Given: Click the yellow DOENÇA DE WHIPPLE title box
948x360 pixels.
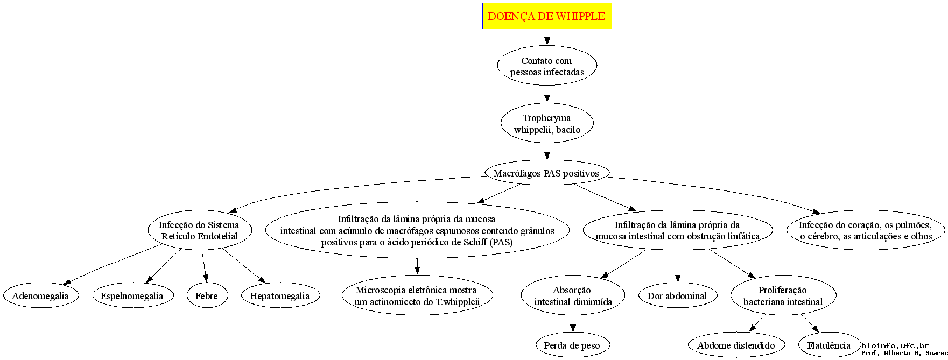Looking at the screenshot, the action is point(547,16).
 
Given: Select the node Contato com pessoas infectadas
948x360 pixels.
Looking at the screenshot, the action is point(547,66).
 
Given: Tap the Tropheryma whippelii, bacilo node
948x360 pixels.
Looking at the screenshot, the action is point(547,123).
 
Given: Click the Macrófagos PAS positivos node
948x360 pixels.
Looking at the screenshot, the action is point(546,173).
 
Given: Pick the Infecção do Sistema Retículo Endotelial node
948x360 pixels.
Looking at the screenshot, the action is point(200,230).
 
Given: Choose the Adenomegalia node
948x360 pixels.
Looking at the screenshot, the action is point(40,295).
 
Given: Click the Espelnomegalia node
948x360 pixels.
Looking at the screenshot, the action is point(132,295).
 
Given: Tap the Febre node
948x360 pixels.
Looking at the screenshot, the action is point(207,295).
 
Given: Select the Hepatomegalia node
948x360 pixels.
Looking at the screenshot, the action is point(280,295).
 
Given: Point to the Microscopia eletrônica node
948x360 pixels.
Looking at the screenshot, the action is point(417,295).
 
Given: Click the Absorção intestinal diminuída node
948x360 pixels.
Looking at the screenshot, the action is point(573,295).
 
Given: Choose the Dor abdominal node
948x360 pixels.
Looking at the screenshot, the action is point(677,295).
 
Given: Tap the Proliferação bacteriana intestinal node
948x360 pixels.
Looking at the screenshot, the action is point(783,295).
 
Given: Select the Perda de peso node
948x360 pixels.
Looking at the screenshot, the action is point(572,345).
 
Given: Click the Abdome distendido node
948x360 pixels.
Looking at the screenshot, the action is point(736,345).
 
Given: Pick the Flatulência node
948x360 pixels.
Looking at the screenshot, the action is point(829,345).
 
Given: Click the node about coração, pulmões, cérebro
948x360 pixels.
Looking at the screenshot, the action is point(866,230).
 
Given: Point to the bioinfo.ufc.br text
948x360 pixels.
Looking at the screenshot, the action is point(895,345).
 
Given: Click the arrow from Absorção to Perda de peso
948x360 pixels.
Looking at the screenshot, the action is point(573,324).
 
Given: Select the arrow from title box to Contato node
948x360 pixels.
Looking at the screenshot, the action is point(547,37).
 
